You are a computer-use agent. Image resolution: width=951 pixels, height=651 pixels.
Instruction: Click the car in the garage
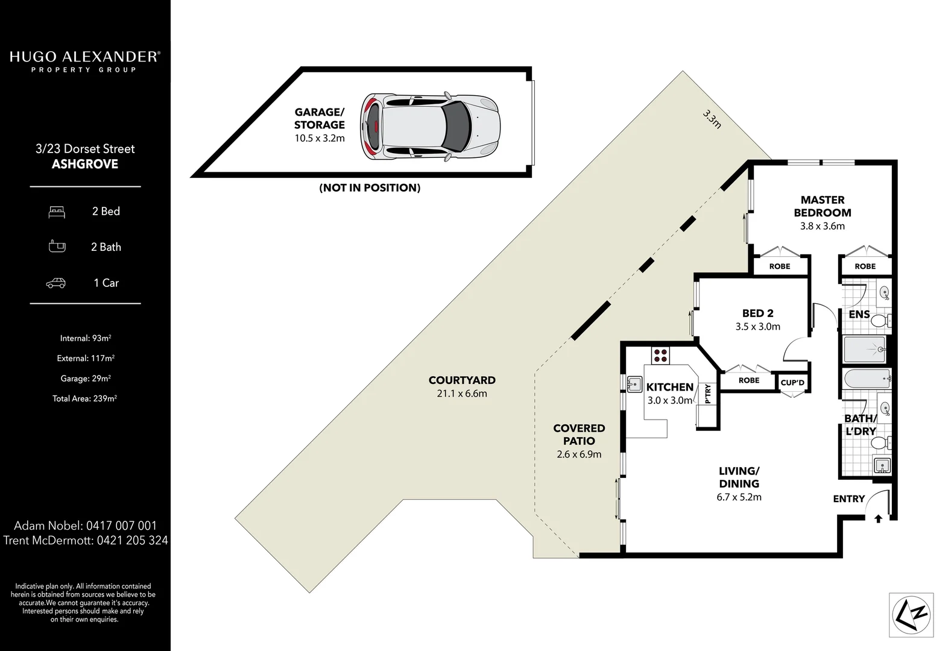(431, 127)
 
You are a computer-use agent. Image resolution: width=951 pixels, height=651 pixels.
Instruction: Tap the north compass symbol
(911, 615)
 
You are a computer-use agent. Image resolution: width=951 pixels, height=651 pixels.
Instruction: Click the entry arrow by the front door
(879, 518)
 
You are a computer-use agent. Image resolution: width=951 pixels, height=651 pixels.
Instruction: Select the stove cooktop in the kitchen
(660, 355)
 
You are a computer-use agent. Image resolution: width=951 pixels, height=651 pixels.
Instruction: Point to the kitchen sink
(633, 384)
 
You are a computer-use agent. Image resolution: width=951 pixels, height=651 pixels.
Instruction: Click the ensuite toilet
(880, 321)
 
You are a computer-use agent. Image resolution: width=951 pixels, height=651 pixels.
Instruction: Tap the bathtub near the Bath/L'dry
(866, 378)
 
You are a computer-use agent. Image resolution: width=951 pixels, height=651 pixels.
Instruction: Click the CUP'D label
(792, 382)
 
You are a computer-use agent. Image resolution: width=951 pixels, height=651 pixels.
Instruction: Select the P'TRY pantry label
(707, 394)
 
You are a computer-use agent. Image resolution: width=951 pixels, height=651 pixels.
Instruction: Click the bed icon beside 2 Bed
(57, 212)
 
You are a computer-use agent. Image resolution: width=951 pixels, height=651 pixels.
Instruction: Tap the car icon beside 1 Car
(56, 283)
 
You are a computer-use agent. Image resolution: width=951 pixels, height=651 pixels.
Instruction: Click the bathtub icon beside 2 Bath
(57, 247)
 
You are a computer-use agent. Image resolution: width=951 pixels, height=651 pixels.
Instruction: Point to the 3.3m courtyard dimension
(712, 119)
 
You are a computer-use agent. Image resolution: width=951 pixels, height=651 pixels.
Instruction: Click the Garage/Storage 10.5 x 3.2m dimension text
(320, 139)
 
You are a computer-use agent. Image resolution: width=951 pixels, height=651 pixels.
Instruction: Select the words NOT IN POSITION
(370, 187)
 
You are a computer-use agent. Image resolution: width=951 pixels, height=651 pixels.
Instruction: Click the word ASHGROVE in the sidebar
(85, 164)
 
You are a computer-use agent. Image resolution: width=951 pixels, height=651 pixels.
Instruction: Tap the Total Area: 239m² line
(85, 398)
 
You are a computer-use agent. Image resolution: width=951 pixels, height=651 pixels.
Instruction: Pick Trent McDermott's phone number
(133, 540)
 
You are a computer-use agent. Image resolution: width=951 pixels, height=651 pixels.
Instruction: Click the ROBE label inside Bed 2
(749, 380)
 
